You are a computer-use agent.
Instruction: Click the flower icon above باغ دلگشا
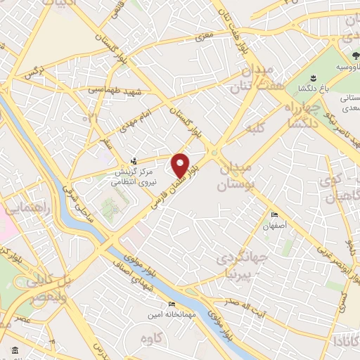(311, 76)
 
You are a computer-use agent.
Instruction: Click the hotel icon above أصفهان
(274, 215)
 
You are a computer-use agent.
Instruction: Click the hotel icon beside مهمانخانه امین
(172, 305)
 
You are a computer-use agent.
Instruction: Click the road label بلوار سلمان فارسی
(166, 193)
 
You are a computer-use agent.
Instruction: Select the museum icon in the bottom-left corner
(15, 350)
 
